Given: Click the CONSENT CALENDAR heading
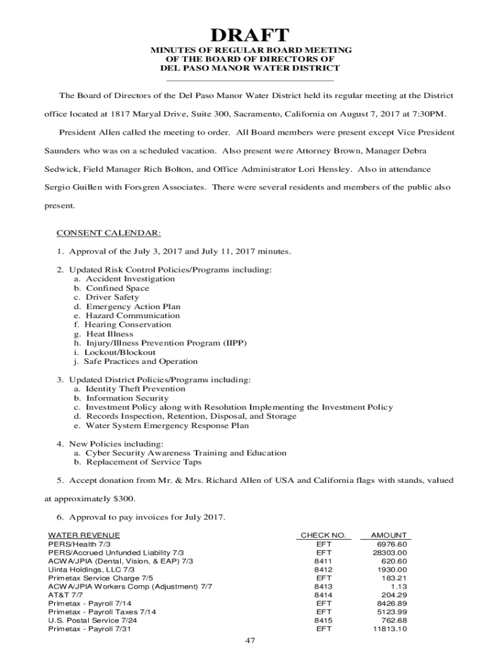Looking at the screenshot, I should pos(108,233).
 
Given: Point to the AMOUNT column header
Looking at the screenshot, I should pos(389,535).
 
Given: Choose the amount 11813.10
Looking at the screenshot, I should pos(390,629).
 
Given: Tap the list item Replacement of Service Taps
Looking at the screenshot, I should pos(146,462).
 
